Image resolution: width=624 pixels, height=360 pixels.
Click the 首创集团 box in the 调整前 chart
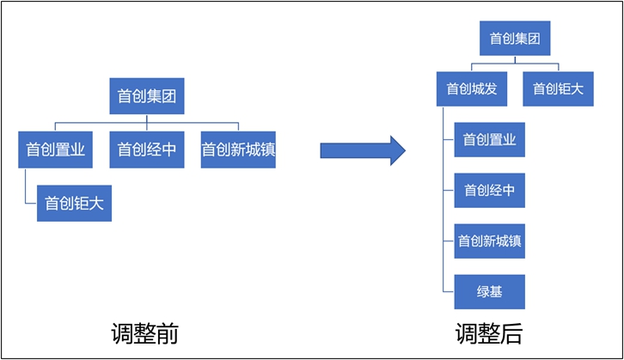[147, 96]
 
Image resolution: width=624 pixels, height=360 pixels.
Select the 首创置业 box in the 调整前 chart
[55, 149]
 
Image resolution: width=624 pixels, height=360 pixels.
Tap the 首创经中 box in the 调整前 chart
[147, 149]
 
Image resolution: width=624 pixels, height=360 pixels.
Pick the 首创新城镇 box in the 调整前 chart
[238, 149]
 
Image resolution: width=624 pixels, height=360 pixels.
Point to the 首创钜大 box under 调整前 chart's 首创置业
[74, 204]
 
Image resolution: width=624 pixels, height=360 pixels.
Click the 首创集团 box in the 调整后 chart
[514, 39]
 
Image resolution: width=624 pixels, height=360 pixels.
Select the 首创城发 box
[472, 88]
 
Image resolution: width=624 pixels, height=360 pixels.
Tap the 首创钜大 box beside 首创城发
[557, 88]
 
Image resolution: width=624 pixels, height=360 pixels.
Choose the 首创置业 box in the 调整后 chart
[489, 140]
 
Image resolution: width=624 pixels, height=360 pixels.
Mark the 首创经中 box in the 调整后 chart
[489, 190]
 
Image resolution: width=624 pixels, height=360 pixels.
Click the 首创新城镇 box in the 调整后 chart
[489, 241]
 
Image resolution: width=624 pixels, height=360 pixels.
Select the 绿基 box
[489, 291]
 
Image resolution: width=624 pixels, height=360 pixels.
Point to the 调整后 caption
[489, 333]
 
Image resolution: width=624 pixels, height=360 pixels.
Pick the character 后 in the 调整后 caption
[511, 333]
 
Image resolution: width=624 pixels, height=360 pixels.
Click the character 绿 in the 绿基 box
[482, 291]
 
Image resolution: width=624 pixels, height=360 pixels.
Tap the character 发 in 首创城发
[499, 88]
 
